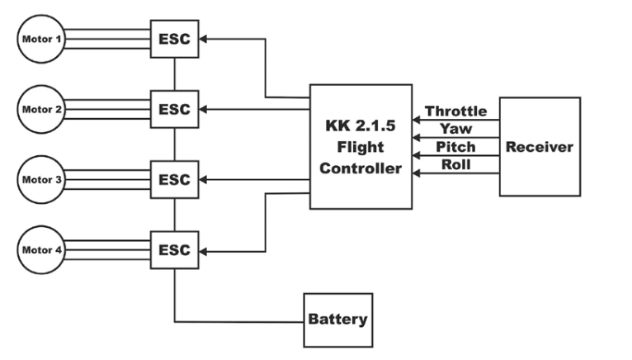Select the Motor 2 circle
(x=40, y=108)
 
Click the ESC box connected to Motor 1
(x=174, y=38)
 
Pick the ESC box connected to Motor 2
(x=174, y=109)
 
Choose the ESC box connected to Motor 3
(x=174, y=180)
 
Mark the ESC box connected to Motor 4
(x=174, y=250)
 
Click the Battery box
(x=337, y=319)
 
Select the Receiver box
(x=539, y=147)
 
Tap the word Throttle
(x=455, y=111)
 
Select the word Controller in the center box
(x=361, y=169)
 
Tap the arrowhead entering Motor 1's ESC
(x=205, y=38)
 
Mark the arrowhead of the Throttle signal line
(x=417, y=121)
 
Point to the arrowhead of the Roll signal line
(x=417, y=172)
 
